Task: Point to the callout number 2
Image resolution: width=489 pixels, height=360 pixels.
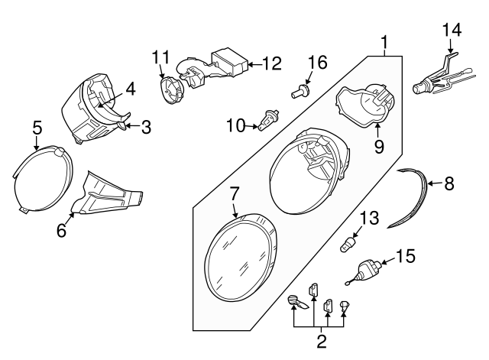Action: (321, 342)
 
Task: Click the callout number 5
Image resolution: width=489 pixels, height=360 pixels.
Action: (36, 129)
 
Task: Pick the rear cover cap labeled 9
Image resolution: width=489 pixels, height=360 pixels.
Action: (364, 103)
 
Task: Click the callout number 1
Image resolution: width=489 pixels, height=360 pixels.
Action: (387, 41)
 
